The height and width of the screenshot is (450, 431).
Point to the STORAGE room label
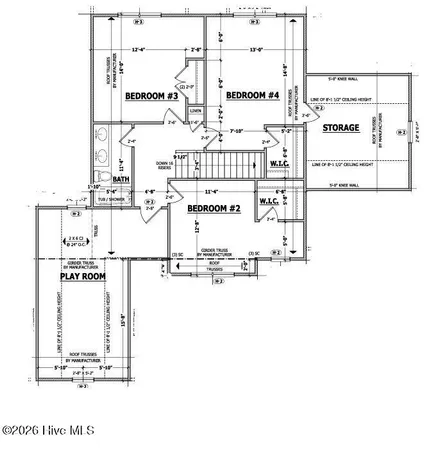[341, 128]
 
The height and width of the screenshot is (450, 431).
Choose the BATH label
[122, 180]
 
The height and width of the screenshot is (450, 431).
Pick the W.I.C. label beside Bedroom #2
[269, 200]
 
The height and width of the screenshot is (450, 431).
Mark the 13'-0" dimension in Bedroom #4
[256, 50]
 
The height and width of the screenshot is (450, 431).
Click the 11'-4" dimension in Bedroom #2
[211, 191]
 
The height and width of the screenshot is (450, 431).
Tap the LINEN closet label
[197, 111]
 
